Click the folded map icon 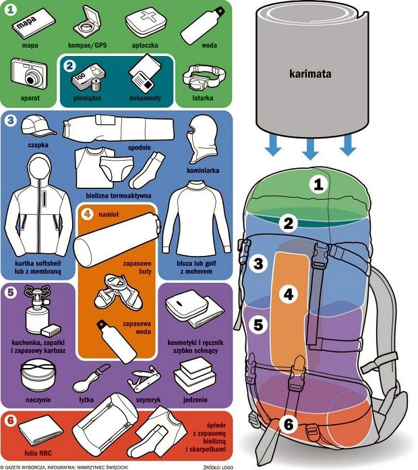[33, 23]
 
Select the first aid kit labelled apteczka [145, 23]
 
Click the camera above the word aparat [29, 74]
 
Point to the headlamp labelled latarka [204, 76]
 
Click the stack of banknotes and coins [88, 78]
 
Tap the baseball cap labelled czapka [38, 126]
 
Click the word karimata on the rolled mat [310, 74]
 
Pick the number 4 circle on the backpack [288, 294]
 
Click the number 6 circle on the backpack [289, 424]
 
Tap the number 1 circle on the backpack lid [318, 184]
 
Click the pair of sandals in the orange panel [118, 292]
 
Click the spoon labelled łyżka [90, 379]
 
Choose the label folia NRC [38, 453]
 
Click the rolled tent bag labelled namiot [117, 240]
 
